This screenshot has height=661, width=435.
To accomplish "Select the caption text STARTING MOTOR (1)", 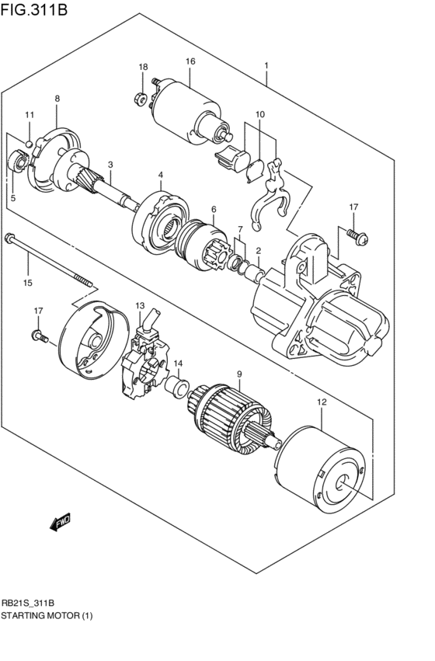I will click(46, 615).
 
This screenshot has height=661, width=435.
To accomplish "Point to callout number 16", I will click(190, 61).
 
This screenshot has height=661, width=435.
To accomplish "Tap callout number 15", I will click(28, 283).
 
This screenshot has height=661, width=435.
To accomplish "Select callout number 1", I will click(266, 66).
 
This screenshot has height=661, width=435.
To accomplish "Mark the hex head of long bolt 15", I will click(9, 238).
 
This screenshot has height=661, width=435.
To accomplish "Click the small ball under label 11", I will click(29, 143).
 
